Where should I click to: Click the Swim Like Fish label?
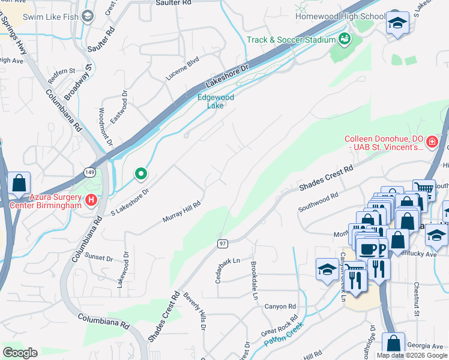50,17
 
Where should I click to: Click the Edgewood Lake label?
215,101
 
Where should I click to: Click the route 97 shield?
221,243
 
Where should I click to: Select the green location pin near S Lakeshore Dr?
141,174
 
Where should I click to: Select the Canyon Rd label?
280,307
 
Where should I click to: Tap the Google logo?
20,352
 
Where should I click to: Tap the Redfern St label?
62,71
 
